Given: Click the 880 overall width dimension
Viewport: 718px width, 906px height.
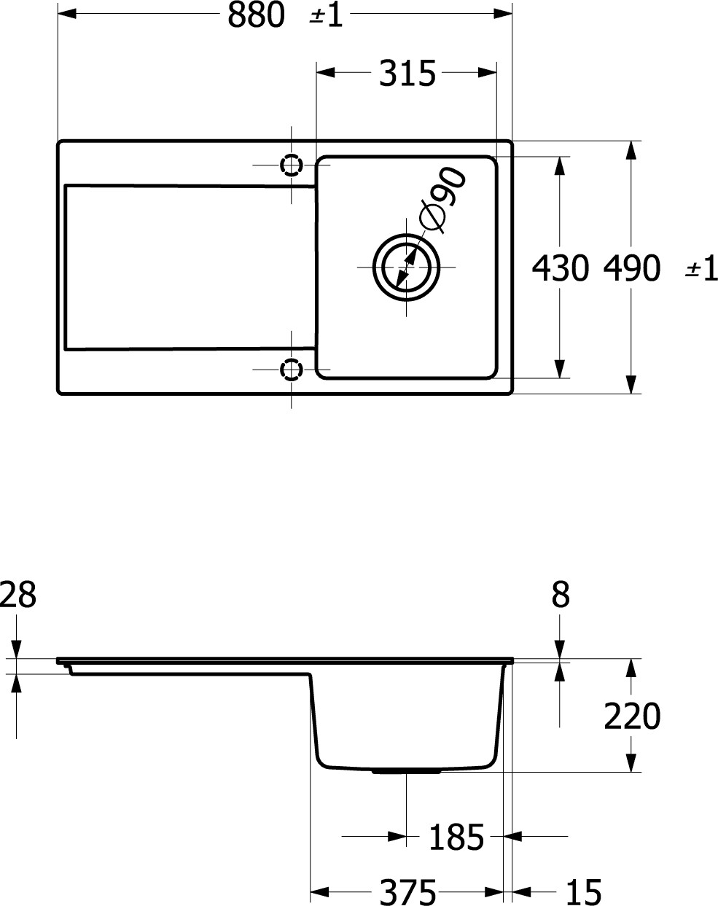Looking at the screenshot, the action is coord(256,15).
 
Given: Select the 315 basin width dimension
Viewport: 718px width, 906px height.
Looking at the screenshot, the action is coord(407,74).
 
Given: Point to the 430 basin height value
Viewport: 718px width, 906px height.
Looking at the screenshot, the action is coord(560,268).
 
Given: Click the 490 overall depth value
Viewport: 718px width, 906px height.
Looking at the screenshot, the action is coord(632,268).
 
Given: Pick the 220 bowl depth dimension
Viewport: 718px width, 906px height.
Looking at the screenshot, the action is coord(632,716).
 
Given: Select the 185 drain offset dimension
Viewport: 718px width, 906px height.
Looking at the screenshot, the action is coord(456,837).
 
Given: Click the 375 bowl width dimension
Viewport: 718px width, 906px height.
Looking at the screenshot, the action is coord(407,893).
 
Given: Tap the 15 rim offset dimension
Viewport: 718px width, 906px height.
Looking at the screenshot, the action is coord(584,893).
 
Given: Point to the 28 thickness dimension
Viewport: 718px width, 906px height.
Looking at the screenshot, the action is coord(17,595).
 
